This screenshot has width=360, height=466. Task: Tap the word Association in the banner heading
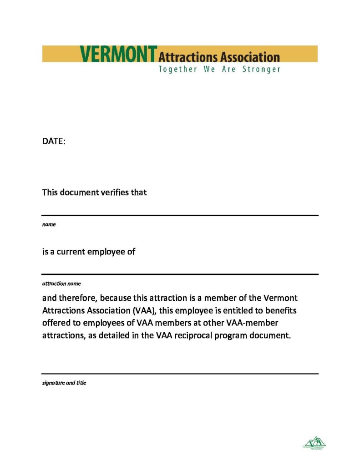point(250,57)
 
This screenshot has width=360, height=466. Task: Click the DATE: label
point(54,142)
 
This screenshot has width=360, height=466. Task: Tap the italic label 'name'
point(49,224)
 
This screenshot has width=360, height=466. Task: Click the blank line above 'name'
point(180,215)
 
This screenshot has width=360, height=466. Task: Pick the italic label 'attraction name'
point(61,283)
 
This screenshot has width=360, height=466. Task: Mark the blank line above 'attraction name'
point(180,274)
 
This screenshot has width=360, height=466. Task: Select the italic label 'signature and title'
point(64,383)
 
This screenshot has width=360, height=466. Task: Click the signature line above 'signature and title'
point(180,374)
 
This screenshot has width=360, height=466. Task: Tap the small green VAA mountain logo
point(314,442)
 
